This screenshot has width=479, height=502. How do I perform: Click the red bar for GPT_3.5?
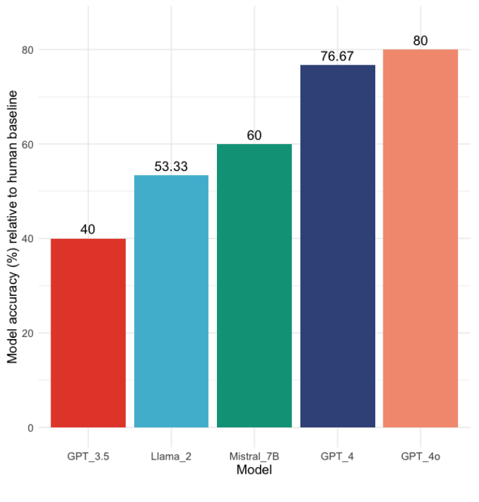88,332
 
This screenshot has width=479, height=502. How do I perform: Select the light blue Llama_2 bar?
171,301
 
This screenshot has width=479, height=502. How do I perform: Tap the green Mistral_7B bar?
254,285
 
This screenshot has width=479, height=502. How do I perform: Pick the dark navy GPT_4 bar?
338,246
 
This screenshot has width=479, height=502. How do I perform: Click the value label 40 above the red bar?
88,229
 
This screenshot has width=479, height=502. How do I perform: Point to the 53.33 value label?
171,166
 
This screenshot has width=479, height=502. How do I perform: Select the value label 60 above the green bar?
254,135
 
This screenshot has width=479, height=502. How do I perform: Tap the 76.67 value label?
337,57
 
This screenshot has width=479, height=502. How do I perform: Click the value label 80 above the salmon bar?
420,40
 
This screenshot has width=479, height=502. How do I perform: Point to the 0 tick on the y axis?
31,427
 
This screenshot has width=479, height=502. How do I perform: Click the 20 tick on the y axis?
28,333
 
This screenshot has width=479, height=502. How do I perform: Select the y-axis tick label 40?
28,238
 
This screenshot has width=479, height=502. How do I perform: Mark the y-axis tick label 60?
28,144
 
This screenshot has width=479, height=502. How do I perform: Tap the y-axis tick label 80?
28,50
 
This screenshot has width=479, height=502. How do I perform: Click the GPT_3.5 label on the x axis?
88,456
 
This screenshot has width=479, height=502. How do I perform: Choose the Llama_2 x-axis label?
171,456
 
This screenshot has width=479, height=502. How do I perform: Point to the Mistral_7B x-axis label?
254,456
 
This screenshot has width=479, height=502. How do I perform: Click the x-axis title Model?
254,470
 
